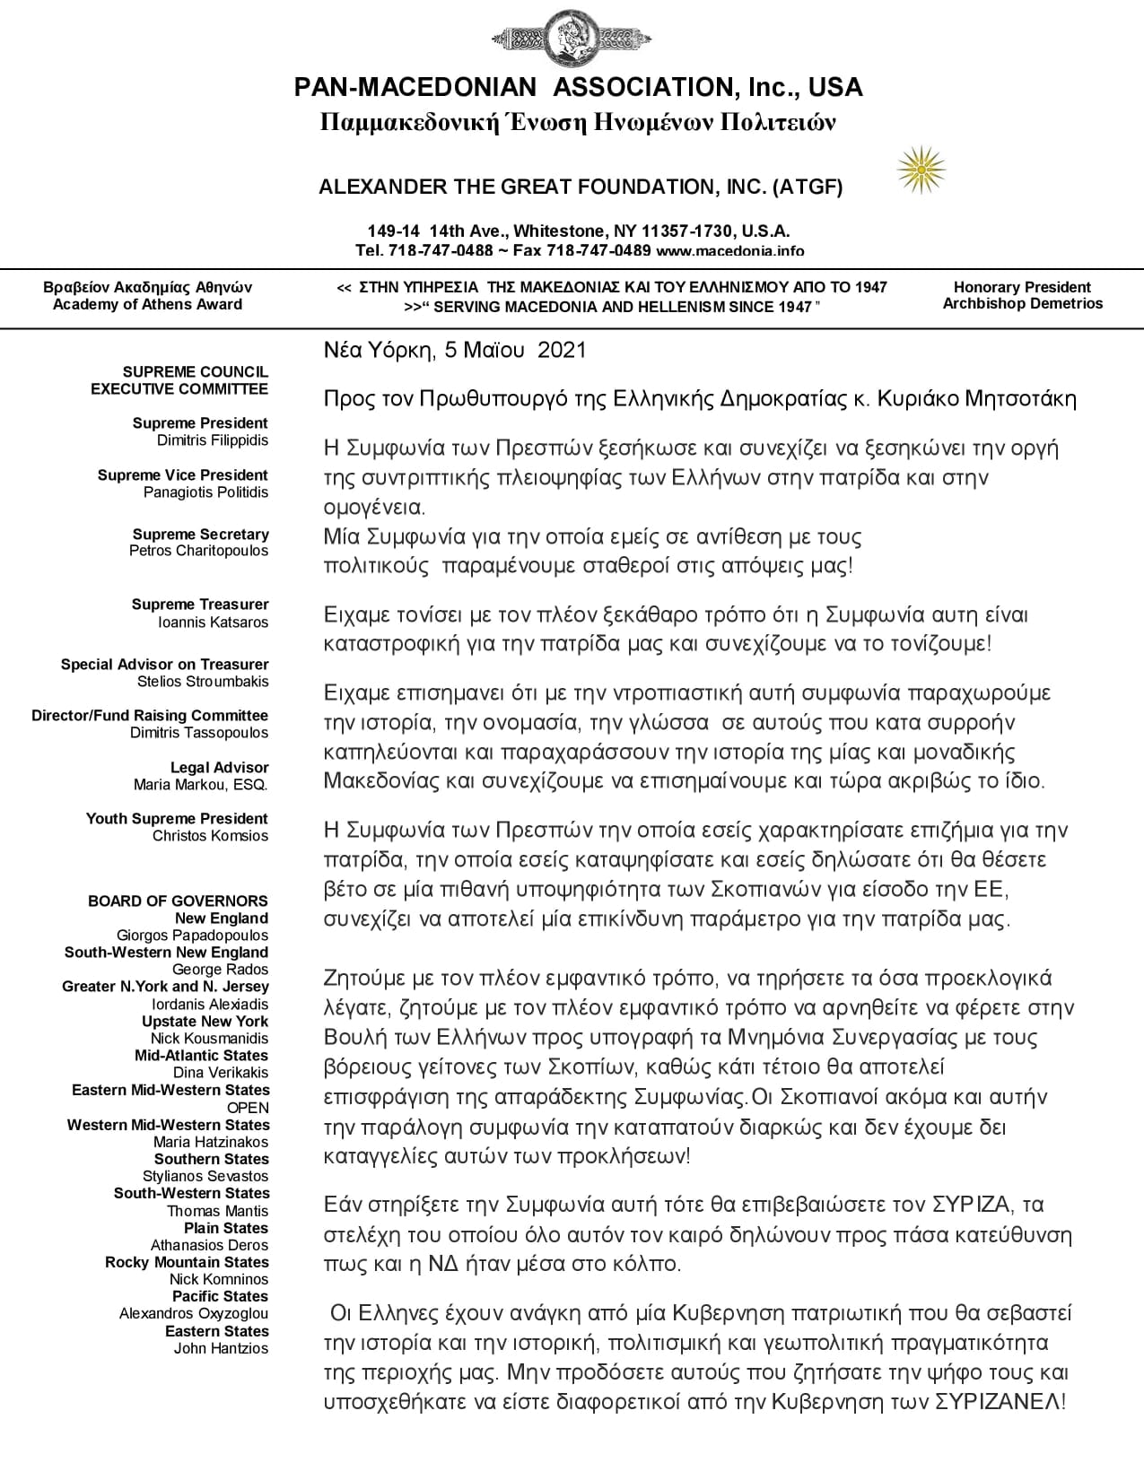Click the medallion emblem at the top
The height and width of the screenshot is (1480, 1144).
pyautogui.click(x=571, y=39)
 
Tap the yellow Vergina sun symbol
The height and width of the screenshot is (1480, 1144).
pyautogui.click(x=921, y=170)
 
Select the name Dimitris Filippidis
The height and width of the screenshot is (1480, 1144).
pyautogui.click(x=212, y=440)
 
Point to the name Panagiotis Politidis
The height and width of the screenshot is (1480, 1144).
pyautogui.click(x=205, y=492)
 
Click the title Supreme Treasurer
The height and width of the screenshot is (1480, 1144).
pyautogui.click(x=199, y=605)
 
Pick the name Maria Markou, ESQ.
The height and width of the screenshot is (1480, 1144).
pyautogui.click(x=200, y=785)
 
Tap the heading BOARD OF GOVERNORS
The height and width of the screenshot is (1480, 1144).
pyautogui.click(x=178, y=901)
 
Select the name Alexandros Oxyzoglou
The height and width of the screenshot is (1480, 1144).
pyautogui.click(x=194, y=1314)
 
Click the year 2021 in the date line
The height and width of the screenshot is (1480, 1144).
pyautogui.click(x=562, y=350)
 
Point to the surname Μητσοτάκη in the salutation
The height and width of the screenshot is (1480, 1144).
pyautogui.click(x=1020, y=399)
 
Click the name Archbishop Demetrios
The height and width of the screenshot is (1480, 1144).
pyautogui.click(x=1022, y=304)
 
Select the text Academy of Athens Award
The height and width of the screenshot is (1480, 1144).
pyautogui.click(x=147, y=305)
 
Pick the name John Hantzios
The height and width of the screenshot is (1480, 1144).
pyautogui.click(x=221, y=1348)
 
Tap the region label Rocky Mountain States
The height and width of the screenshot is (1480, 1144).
pyautogui.click(x=187, y=1262)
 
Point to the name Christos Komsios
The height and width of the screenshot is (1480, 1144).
pyautogui.click(x=210, y=836)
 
